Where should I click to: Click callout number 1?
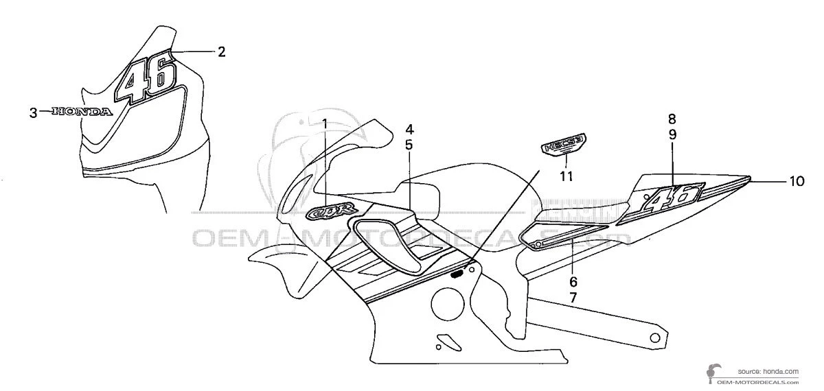click(325, 123)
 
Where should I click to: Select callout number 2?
click(221, 51)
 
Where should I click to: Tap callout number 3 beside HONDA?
click(33, 112)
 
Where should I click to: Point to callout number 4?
click(409, 129)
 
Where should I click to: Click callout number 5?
click(409, 145)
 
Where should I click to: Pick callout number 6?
click(573, 282)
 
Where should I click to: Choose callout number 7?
click(573, 298)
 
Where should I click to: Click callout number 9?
click(672, 134)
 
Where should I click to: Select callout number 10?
click(796, 182)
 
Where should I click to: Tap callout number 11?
click(565, 176)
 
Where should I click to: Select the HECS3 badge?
click(564, 145)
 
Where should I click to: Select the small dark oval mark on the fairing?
click(457, 273)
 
